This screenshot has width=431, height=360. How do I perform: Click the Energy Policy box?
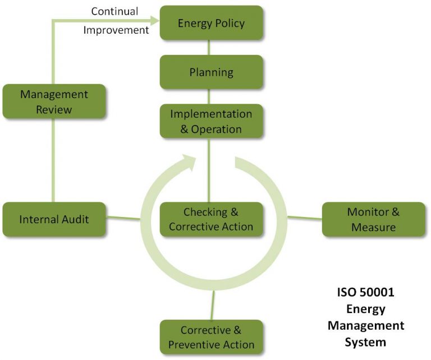coord(211,23)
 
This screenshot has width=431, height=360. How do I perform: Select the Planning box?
coord(211,72)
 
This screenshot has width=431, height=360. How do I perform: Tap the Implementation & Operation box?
coord(211,121)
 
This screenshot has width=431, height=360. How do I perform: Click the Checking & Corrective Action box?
coord(211,219)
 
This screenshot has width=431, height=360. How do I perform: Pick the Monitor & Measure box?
coord(373,219)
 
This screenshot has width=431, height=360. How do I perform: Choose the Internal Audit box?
coord(54,219)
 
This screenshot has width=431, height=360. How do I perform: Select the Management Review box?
coord(54,101)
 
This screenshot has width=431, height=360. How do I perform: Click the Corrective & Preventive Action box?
coord(211,337)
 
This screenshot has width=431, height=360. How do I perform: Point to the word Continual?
coord(114,11)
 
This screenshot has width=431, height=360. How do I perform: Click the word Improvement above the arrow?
coord(116,30)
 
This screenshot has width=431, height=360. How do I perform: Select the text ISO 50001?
coord(366,293)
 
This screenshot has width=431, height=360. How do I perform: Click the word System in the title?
coord(366,341)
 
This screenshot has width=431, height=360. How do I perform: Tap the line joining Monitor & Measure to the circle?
coord(304,218)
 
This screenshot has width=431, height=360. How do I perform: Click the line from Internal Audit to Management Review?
coord(53,160)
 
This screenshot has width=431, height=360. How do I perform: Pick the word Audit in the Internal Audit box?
coord(75,219)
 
